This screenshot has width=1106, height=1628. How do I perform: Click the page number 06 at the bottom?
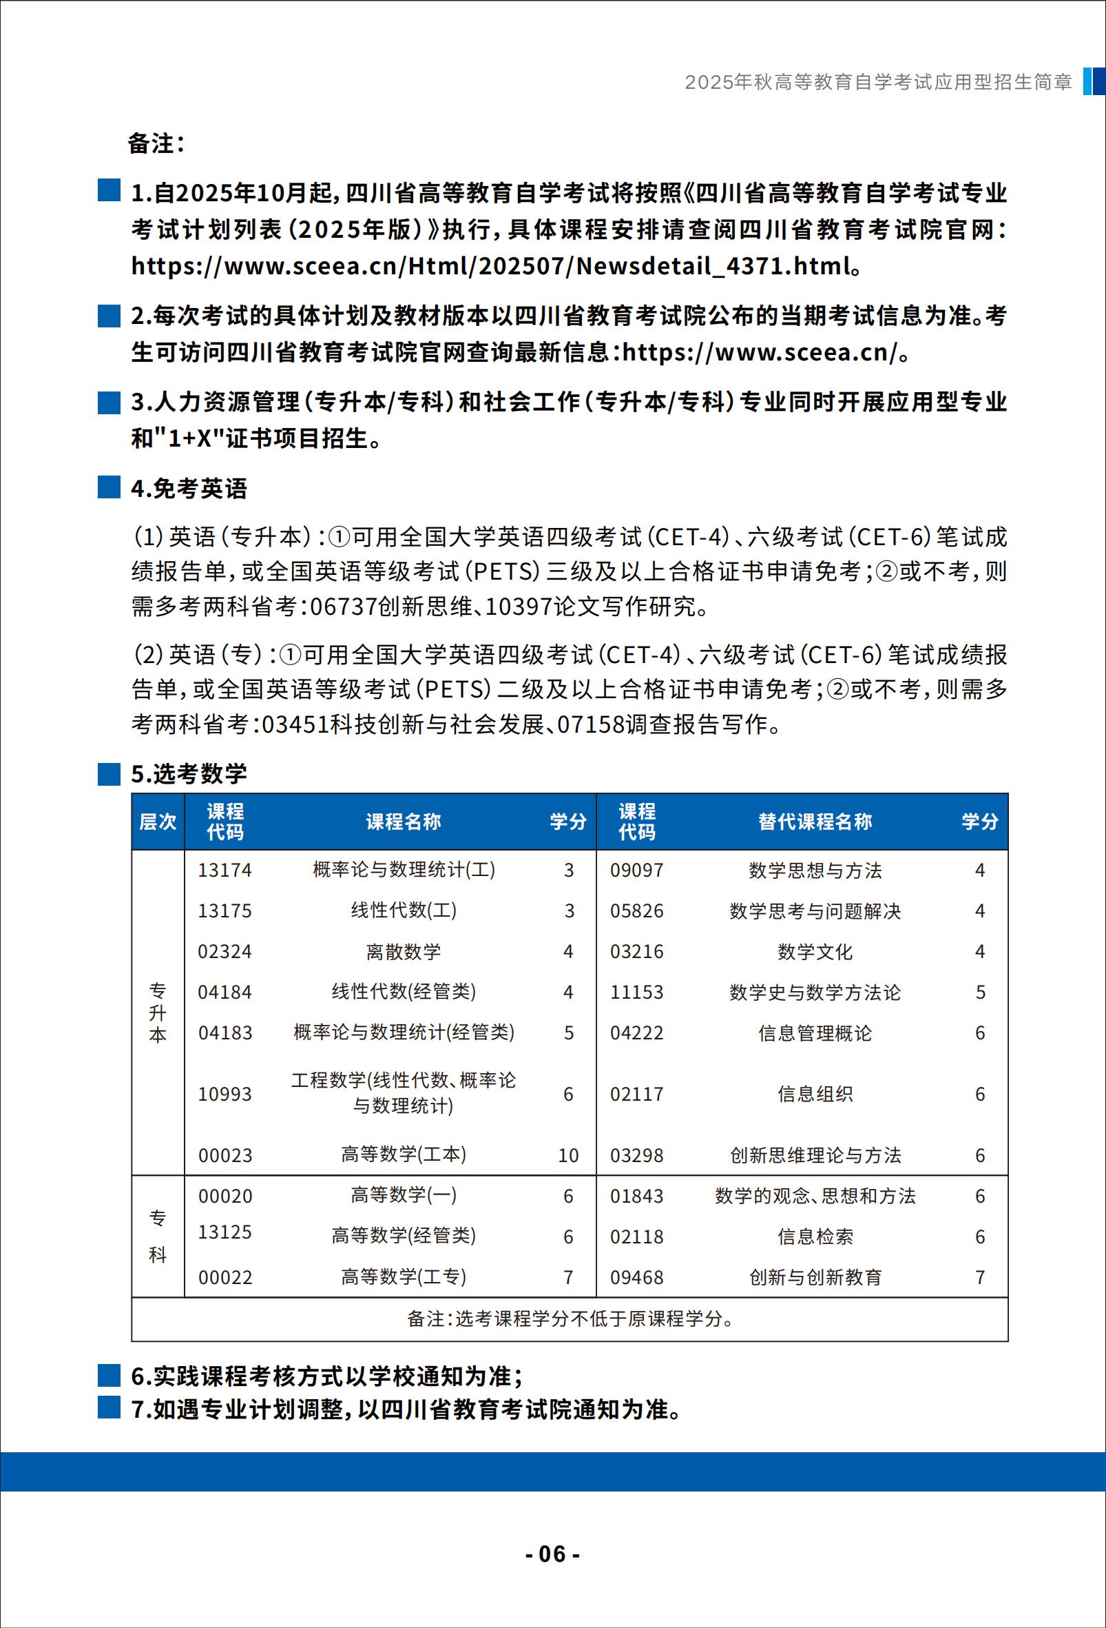pyautogui.click(x=552, y=1553)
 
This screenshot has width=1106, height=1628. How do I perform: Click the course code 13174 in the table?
pyautogui.click(x=225, y=870)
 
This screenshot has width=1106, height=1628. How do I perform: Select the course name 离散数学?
pyautogui.click(x=403, y=951)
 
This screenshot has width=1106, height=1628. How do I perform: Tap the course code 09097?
pyautogui.click(x=636, y=870)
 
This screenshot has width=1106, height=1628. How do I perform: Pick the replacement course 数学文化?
pyautogui.click(x=815, y=951)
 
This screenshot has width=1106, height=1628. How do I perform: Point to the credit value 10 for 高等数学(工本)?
pyautogui.click(x=568, y=1155)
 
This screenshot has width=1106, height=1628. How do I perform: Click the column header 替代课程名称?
pyautogui.click(x=815, y=821)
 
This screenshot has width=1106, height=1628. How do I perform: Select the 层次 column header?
pyautogui.click(x=158, y=821)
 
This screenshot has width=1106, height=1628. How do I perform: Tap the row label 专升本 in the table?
pyautogui.click(x=158, y=1013)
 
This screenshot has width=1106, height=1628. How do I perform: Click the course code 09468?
pyautogui.click(x=636, y=1277)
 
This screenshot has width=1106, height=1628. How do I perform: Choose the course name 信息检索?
pyautogui.click(x=815, y=1237)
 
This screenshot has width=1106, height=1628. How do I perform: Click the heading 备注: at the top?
pyautogui.click(x=156, y=143)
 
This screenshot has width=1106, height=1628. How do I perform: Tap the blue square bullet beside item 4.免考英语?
pyautogui.click(x=109, y=487)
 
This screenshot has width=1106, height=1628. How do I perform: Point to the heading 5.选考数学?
pyautogui.click(x=189, y=773)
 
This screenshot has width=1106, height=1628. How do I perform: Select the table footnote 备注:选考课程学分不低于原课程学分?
pyautogui.click(x=569, y=1319)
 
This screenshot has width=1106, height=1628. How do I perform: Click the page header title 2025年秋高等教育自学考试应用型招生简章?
pyautogui.click(x=878, y=82)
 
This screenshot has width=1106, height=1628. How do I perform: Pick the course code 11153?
pyautogui.click(x=636, y=992)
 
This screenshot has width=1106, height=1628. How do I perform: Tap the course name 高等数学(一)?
pyautogui.click(x=403, y=1195)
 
